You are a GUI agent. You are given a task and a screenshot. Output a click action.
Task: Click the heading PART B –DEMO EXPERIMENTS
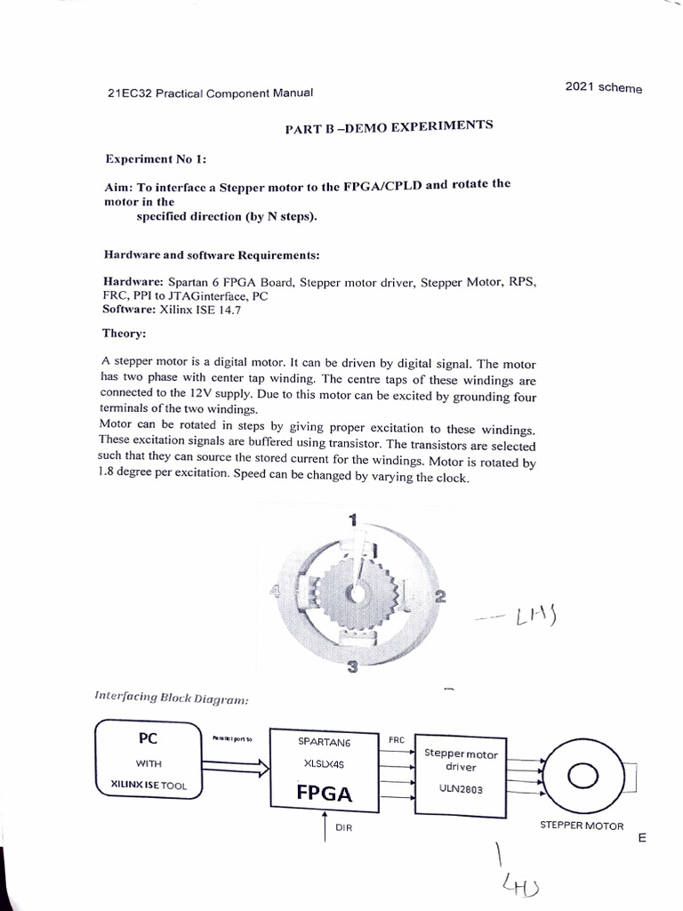tap(388, 127)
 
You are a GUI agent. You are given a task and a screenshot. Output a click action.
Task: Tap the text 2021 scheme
tap(604, 87)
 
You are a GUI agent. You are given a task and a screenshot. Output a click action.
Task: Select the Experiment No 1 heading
tap(156, 159)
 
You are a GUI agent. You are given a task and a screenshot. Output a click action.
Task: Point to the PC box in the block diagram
tap(149, 761)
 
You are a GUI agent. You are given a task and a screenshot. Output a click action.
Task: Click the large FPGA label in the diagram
tap(325, 793)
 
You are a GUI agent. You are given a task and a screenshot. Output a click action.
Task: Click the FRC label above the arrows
tap(397, 739)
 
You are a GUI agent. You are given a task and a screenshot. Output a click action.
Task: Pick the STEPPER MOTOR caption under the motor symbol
tap(582, 825)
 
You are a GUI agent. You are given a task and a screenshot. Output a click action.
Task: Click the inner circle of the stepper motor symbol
tap(582, 777)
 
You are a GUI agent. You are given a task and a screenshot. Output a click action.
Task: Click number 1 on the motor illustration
tap(353, 519)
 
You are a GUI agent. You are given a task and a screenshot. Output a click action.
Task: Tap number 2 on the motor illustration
tap(439, 595)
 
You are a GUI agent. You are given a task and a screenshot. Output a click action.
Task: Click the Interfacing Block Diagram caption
tap(171, 699)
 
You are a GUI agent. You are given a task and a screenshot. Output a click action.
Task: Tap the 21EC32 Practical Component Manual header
tap(209, 93)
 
